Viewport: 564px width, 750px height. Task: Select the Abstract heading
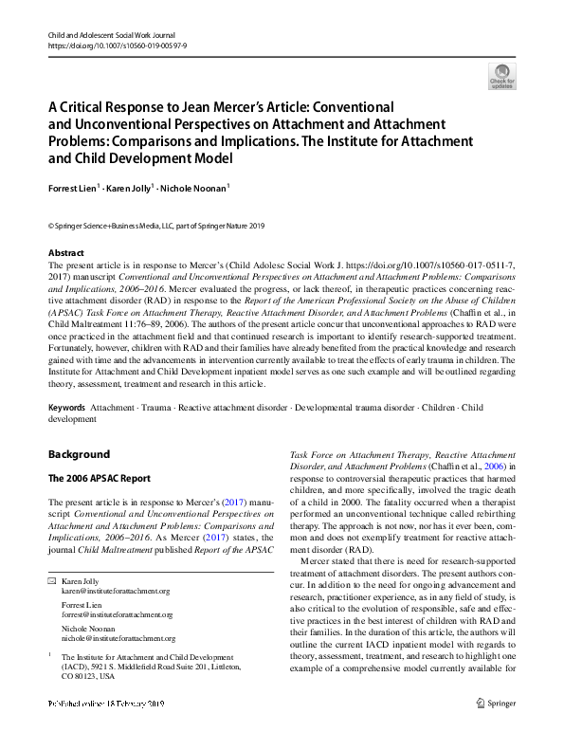click(66, 253)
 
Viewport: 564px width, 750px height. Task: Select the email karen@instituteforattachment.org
click(115, 590)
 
